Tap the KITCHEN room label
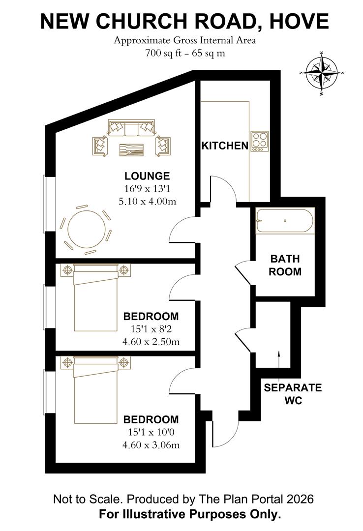tap(224, 146)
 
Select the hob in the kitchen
tap(259, 141)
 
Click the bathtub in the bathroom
tap(284, 222)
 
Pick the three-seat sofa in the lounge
tap(131, 128)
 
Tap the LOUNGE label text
tap(147, 176)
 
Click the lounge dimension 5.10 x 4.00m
tap(147, 201)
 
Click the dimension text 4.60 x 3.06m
tap(151, 445)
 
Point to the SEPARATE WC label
tap(293, 394)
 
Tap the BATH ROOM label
tap(286, 265)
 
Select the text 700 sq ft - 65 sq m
tap(185, 54)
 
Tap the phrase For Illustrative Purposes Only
tap(189, 514)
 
